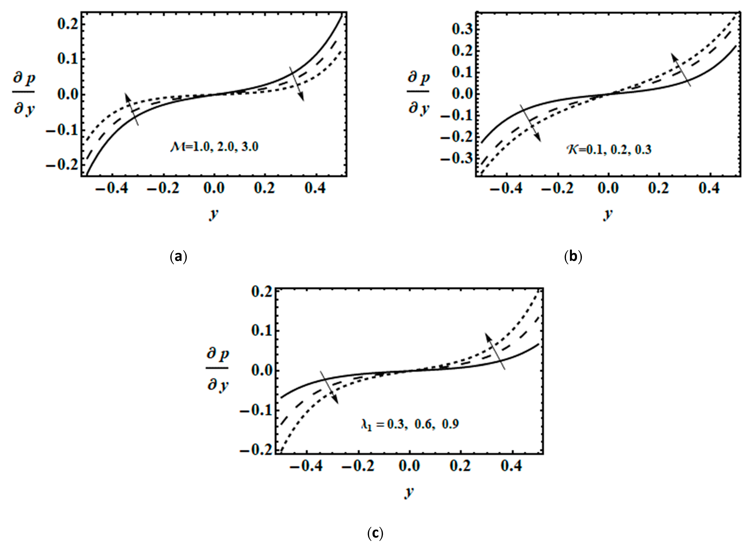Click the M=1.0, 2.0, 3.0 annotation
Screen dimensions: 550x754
[214, 147]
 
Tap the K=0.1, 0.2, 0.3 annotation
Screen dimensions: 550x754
[609, 149]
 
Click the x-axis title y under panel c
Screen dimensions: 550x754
[409, 491]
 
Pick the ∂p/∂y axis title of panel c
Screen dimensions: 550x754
[218, 370]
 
